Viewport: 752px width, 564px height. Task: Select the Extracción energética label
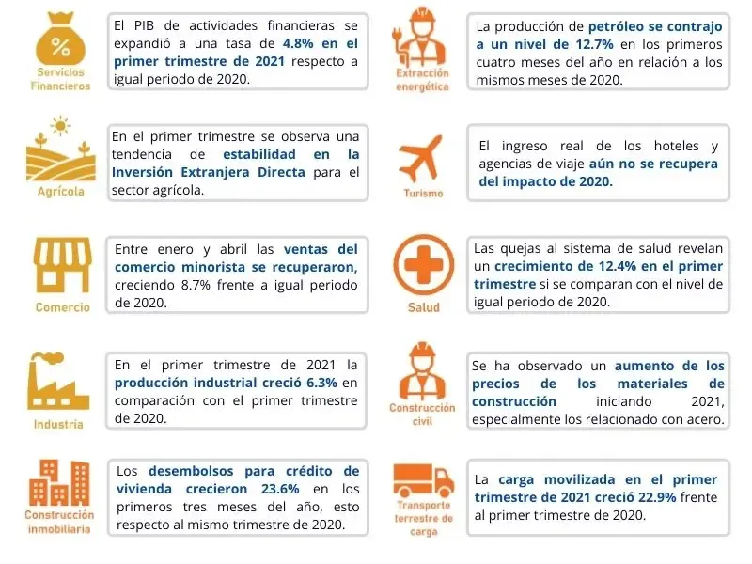(x=422, y=80)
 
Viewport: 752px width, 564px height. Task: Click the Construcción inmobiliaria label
(x=59, y=522)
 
